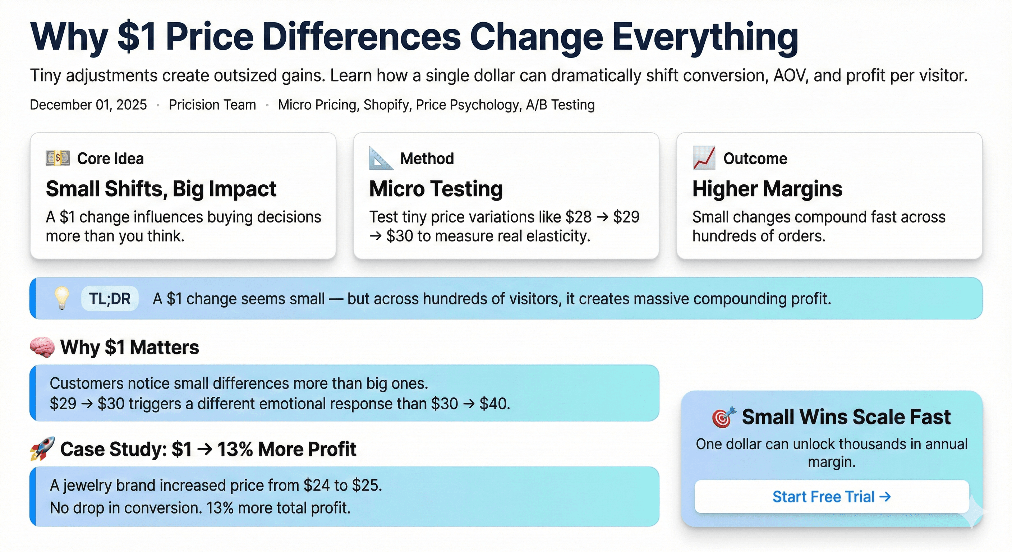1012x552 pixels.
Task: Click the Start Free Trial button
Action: (831, 497)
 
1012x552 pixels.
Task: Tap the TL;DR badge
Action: (110, 299)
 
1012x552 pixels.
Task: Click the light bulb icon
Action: (62, 298)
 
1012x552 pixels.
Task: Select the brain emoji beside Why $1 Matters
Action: (42, 347)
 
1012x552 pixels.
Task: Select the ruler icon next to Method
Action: (380, 158)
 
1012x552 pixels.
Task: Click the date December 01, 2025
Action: (88, 105)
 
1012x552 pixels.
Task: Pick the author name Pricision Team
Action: (212, 105)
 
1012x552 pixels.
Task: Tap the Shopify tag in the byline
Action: (387, 105)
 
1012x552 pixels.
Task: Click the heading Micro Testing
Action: (436, 189)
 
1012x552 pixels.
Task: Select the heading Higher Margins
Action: (767, 189)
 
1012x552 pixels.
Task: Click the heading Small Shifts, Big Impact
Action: (161, 189)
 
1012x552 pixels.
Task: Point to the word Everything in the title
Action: (705, 37)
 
